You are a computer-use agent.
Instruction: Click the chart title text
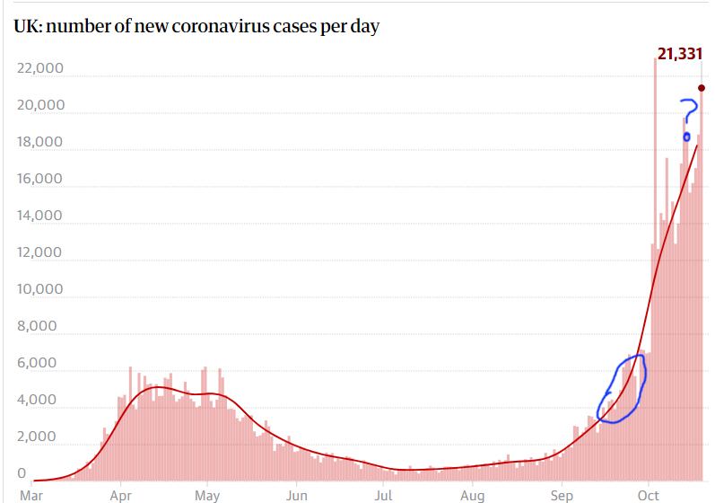pos(196,27)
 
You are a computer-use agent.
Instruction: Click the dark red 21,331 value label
pos(679,55)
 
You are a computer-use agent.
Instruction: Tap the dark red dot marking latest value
pos(702,88)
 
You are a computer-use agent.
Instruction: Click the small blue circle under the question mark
pos(687,137)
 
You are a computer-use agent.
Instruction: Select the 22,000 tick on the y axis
pos(41,68)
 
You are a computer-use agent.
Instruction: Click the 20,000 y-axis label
pos(41,105)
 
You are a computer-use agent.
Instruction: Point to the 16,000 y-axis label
pos(41,179)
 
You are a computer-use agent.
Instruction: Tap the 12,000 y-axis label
pos(41,252)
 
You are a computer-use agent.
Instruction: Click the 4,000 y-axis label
pos(45,401)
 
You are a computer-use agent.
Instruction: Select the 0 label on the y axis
pos(22,473)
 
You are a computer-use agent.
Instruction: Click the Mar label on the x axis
pos(31,494)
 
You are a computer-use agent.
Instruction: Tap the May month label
pos(208,494)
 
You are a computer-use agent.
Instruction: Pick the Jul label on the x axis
pos(384,494)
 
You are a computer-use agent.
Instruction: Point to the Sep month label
pos(561,494)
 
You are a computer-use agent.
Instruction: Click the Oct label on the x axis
pos(648,494)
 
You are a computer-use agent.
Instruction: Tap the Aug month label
pos(473,494)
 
